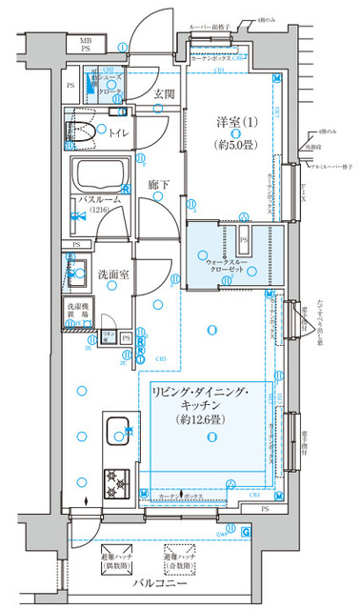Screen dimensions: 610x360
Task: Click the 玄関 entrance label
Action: pos(163,93)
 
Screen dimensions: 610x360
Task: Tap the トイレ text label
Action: pos(121,133)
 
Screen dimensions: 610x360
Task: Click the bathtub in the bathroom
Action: pos(104,175)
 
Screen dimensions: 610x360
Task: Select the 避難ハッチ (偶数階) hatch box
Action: pos(118,557)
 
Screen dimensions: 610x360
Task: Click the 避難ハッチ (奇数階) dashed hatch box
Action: pos(186,557)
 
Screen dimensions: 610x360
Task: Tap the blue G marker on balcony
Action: pos(247,533)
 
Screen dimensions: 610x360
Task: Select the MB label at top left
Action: pos(84,41)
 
